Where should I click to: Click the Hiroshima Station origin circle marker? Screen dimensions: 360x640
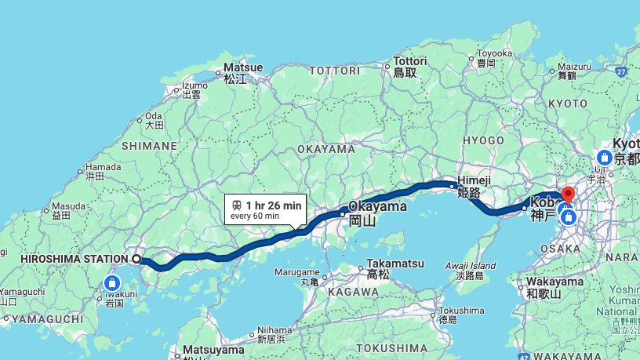(x=136, y=258)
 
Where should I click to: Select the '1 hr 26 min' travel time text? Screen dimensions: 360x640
(x=273, y=205)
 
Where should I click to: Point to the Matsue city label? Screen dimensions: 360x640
(x=238, y=68)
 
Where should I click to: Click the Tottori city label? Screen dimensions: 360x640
(x=409, y=61)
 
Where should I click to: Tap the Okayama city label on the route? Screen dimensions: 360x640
(x=377, y=207)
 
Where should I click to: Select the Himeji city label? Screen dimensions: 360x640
(x=473, y=180)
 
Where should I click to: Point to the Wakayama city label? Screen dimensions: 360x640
(x=555, y=282)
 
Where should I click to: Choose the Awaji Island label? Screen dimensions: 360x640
(x=471, y=265)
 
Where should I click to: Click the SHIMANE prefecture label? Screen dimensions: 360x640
(x=150, y=146)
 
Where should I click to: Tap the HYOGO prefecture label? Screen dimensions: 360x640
(x=483, y=140)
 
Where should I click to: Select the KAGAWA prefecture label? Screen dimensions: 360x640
(x=353, y=292)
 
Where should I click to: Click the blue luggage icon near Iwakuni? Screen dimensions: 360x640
(x=112, y=282)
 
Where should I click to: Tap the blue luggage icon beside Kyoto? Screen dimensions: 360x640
(x=605, y=158)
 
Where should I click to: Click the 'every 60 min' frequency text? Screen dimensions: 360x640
(x=255, y=216)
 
